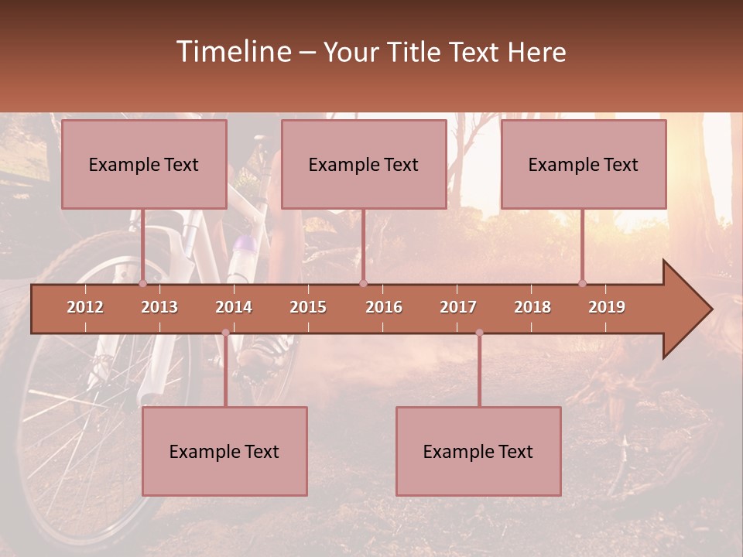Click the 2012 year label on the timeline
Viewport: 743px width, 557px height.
pyautogui.click(x=85, y=307)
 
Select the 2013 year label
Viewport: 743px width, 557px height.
pyautogui.click(x=159, y=307)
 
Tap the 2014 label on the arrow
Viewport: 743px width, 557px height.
pyautogui.click(x=234, y=307)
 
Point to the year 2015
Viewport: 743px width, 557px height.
pyautogui.click(x=308, y=307)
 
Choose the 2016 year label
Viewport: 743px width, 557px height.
pyautogui.click(x=384, y=307)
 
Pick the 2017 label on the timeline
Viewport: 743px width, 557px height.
pyautogui.click(x=458, y=307)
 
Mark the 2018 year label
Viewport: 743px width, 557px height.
pyautogui.click(x=532, y=307)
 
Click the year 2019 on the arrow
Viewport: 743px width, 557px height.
pyautogui.click(x=607, y=307)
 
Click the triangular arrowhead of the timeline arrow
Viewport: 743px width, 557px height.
pyautogui.click(x=685, y=309)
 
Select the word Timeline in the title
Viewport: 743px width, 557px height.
pyautogui.click(x=232, y=52)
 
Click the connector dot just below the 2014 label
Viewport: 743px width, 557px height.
pyautogui.click(x=225, y=333)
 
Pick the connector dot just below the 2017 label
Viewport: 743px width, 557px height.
pyautogui.click(x=479, y=333)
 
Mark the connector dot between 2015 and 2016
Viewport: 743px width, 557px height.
pyautogui.click(x=363, y=283)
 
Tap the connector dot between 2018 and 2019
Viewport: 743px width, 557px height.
pyautogui.click(x=583, y=283)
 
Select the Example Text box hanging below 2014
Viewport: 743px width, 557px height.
pyautogui.click(x=224, y=451)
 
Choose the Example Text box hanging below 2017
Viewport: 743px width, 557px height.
pyautogui.click(x=478, y=451)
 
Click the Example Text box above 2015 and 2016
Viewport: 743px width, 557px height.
pyautogui.click(x=364, y=164)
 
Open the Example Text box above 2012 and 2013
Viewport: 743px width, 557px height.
pyautogui.click(x=144, y=164)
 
